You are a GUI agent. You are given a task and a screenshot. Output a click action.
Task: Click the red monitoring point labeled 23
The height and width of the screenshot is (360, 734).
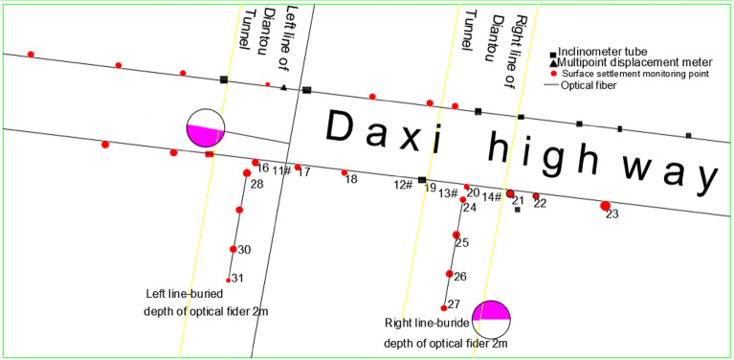click(x=605, y=206)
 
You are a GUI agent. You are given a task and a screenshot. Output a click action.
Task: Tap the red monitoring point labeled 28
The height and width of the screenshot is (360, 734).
click(x=246, y=173)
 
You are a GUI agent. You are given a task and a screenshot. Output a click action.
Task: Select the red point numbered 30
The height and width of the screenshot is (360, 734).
click(x=234, y=249)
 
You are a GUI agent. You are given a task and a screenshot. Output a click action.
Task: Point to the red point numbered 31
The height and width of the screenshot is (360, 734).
click(x=229, y=280)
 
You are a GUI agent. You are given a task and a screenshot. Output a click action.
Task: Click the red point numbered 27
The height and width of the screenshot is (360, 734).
click(x=444, y=308)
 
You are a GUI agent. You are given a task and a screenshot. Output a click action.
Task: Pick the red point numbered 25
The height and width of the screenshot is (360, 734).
click(x=456, y=235)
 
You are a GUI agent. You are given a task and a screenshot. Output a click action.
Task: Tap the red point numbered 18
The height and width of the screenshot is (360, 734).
click(x=345, y=173)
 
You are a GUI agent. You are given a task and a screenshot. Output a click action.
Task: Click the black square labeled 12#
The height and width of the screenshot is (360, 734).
click(x=422, y=179)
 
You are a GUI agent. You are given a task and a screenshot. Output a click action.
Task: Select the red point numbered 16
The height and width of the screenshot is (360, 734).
click(x=256, y=163)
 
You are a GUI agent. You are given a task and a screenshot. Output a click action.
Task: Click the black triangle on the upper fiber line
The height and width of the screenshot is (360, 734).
click(x=283, y=87)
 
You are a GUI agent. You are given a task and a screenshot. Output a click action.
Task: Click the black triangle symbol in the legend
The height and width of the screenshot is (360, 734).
click(x=552, y=62)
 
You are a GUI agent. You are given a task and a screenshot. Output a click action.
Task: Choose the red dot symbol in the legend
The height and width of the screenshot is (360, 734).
click(x=552, y=74)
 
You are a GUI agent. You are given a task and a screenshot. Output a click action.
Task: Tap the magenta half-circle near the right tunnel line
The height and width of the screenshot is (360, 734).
click(x=492, y=310)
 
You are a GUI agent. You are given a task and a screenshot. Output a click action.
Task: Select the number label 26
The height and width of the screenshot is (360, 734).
click(x=460, y=277)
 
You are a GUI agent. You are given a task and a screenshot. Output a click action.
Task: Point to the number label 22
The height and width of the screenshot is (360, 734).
click(x=540, y=203)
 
